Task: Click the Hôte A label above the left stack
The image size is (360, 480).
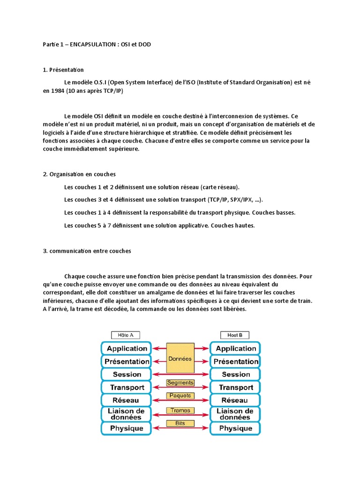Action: click(x=125, y=335)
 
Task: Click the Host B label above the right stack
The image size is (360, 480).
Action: click(x=234, y=335)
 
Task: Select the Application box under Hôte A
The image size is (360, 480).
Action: click(x=126, y=348)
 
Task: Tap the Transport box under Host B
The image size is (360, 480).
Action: click(x=235, y=388)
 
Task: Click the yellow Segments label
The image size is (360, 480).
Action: click(x=180, y=383)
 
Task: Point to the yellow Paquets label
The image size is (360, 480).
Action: click(x=180, y=396)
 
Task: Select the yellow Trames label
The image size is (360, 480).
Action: click(x=180, y=411)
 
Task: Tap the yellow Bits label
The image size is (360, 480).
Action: click(x=180, y=424)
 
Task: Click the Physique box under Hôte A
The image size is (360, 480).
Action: click(x=126, y=428)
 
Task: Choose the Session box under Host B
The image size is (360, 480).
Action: click(x=235, y=375)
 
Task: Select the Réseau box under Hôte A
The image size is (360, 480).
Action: click(x=126, y=400)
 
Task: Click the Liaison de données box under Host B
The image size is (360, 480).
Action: click(x=235, y=414)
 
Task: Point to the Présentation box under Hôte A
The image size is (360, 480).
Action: click(x=126, y=361)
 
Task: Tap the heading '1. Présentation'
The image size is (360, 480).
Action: click(x=63, y=70)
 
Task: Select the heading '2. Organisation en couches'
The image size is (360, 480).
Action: click(x=79, y=174)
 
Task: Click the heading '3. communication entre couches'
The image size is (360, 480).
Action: click(x=87, y=251)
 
